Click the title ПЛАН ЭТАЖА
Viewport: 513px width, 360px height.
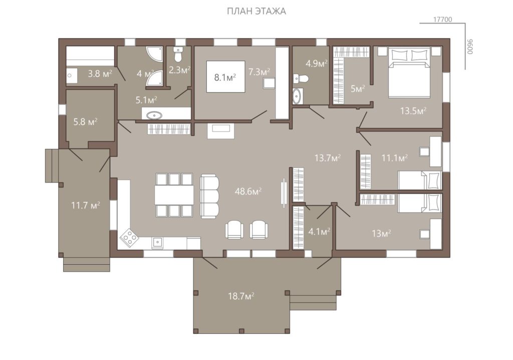256,11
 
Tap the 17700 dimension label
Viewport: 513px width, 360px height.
442,20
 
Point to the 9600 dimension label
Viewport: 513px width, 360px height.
470,47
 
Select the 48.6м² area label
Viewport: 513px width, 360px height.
248,192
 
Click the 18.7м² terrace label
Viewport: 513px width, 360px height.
241,296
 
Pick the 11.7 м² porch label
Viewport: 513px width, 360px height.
85,206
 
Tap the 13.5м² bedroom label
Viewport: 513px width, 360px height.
413,111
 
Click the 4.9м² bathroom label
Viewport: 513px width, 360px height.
317,63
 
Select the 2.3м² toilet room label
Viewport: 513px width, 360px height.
180,70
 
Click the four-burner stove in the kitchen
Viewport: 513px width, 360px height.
129,238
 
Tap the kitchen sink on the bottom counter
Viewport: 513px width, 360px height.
157,243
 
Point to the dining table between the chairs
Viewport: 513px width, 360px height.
174,195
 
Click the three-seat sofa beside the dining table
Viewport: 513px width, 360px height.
209,196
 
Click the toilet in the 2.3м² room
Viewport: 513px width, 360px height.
178,55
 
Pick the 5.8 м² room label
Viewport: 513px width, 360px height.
85,122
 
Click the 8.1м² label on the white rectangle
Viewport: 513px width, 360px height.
225,78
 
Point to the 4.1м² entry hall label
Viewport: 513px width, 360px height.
319,232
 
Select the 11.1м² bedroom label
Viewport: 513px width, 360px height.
395,158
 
